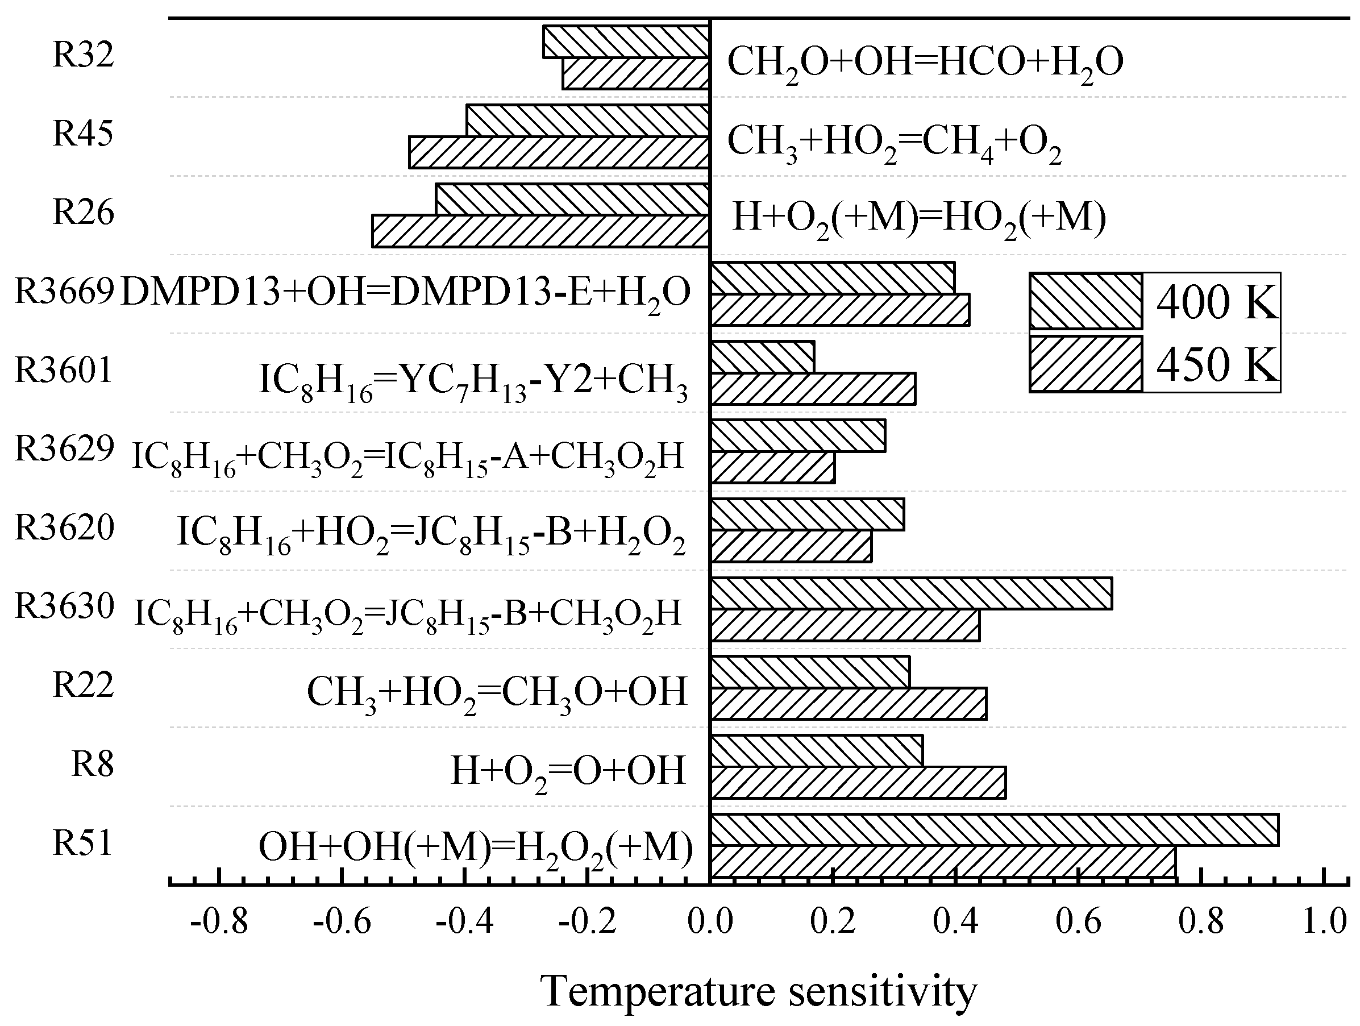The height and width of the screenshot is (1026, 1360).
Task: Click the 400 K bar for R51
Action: (994, 830)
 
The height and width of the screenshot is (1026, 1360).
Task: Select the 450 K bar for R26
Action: (541, 231)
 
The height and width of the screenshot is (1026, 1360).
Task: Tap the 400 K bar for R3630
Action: (911, 593)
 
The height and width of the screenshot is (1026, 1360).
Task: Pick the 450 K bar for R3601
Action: (813, 389)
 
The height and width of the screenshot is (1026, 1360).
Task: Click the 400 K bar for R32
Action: (626, 42)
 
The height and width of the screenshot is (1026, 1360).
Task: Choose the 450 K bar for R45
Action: (559, 152)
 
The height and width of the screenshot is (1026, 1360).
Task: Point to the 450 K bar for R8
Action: (858, 782)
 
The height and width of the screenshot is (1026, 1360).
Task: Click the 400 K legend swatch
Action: (1085, 301)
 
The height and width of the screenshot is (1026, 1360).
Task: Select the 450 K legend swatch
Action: (1085, 364)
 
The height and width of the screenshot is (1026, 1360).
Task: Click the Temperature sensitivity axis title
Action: (759, 992)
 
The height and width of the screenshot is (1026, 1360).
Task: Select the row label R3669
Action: (65, 291)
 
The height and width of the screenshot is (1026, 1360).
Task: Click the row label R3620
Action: (65, 527)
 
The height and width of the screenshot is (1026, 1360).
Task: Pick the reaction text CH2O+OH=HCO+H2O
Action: (925, 63)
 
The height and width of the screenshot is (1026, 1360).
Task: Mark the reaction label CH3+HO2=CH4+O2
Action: (895, 143)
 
